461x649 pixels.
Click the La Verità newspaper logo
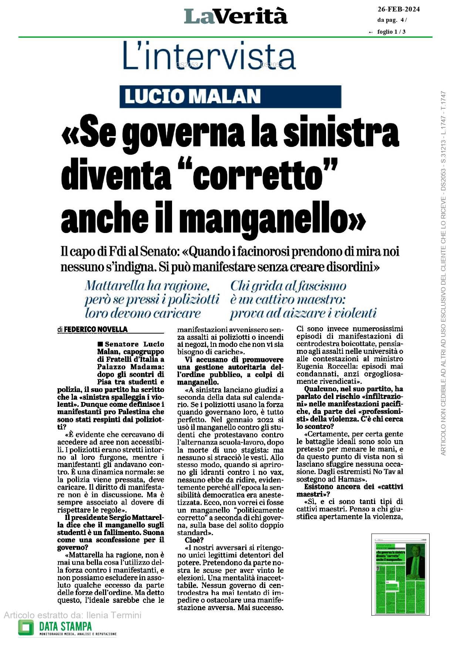point(236,17)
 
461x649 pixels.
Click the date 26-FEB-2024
point(398,9)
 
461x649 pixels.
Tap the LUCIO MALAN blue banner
point(230,97)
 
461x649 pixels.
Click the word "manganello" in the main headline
point(273,218)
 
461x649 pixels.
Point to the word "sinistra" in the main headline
point(341,132)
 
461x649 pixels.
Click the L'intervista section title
point(209,57)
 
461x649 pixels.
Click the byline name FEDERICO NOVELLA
point(95,329)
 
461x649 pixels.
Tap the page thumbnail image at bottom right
point(400,574)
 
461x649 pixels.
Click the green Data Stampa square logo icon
point(26,628)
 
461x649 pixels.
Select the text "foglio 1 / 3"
point(391,32)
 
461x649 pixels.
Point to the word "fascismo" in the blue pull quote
point(322,286)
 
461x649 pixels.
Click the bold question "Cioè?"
point(194,540)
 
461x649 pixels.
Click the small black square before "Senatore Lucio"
point(100,344)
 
